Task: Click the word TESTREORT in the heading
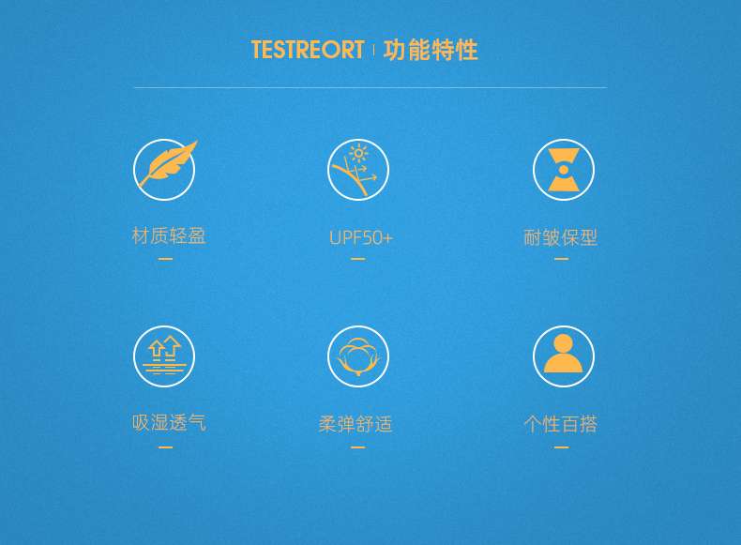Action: (308, 50)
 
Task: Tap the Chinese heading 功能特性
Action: (431, 50)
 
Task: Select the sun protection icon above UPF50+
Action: (358, 170)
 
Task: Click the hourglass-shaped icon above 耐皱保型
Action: (564, 170)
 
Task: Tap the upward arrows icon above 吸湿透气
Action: (164, 356)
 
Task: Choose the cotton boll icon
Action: (358, 356)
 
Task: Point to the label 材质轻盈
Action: (169, 235)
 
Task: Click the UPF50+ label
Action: (361, 237)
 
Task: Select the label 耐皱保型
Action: (561, 237)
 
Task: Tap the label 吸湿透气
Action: (169, 422)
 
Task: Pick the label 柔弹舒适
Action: (355, 424)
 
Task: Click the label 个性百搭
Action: (561, 424)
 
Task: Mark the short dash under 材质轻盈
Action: (165, 259)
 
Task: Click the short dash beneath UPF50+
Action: (358, 259)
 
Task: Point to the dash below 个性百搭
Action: (562, 447)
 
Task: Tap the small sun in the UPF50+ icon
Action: (358, 153)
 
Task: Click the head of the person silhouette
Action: (563, 343)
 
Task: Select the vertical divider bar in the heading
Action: (374, 50)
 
